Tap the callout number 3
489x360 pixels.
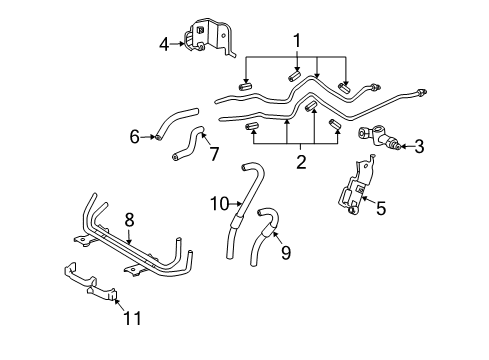coord(418,147)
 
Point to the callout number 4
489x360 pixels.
coord(165,43)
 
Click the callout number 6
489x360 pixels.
coord(134,136)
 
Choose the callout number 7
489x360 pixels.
coord(211,153)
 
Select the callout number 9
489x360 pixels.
coord(285,254)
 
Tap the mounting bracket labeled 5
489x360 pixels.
coord(355,190)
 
